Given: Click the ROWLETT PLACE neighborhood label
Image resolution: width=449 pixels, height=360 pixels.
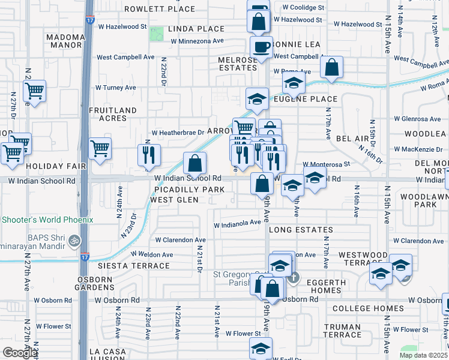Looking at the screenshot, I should coord(160,9).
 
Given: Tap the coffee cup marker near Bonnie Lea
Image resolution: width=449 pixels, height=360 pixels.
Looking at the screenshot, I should coord(261,47).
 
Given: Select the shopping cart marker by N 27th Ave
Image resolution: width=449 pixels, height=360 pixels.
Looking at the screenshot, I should coord(34,91).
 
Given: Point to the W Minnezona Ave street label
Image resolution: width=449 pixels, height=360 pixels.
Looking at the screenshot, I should coord(197,41).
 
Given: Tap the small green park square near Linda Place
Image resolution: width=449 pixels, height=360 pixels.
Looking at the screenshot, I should coord(157,34).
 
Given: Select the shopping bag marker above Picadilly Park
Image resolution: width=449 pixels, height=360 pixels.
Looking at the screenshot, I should coord(195,163).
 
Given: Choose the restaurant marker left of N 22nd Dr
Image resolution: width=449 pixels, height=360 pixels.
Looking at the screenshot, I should coord(148,155).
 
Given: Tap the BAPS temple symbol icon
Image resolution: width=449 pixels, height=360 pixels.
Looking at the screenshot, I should coord(74,241).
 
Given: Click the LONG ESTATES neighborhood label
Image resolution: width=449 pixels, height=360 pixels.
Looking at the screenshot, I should coord(300,230).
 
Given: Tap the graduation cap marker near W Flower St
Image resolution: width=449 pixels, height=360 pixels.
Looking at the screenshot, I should coord(261,348).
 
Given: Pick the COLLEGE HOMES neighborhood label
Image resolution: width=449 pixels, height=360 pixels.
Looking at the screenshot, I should coord(368,309).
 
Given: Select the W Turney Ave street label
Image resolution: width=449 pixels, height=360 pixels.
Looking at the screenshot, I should coord(116,88).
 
